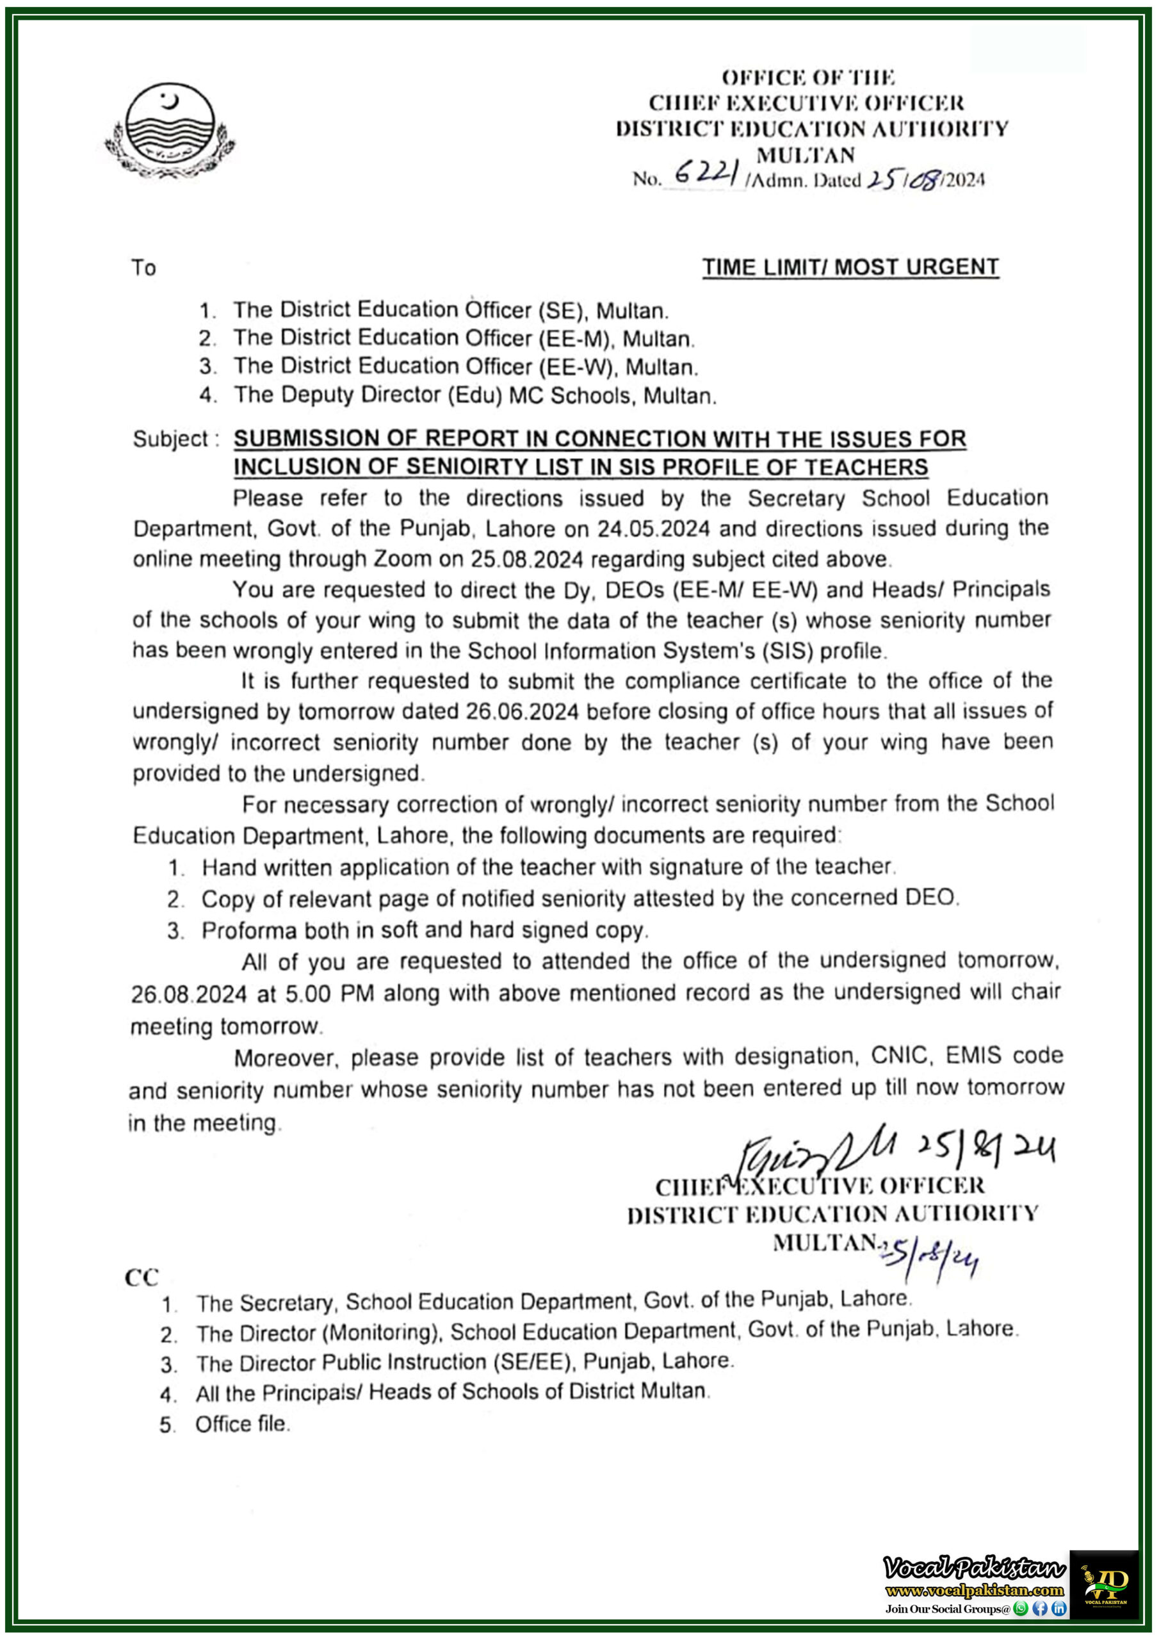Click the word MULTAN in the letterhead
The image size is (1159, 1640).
point(806,154)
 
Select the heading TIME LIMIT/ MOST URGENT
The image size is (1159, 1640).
point(850,267)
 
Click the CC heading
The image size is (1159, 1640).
point(142,1277)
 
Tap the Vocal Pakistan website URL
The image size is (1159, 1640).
point(974,1591)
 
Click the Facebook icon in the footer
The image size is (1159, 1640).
point(1040,1609)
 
